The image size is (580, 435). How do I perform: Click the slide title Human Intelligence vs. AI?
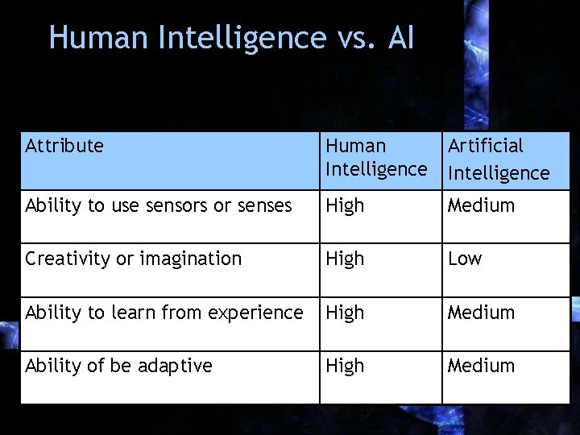coord(231,38)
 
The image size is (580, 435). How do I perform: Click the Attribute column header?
coord(64,146)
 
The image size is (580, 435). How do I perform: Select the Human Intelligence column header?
coord(375,158)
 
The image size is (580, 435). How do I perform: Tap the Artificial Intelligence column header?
coord(498,159)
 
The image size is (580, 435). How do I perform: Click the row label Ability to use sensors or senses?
coord(158,206)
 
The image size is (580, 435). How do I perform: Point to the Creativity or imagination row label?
coord(133,259)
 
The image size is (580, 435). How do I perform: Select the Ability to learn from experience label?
coord(164,313)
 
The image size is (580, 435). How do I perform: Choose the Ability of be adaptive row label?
coord(118,366)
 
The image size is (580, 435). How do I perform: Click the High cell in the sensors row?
coord(345,206)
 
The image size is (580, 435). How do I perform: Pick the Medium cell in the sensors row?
coord(481,206)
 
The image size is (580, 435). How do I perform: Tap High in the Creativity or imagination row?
coord(345,259)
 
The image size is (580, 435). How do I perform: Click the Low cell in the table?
coord(465,259)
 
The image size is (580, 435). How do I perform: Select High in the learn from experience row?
coord(345,313)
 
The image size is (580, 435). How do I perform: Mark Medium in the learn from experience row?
coord(481,313)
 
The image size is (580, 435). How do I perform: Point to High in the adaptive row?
coord(345,367)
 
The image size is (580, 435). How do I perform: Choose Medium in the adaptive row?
coord(481,366)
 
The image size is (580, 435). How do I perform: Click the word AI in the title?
coord(400,38)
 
